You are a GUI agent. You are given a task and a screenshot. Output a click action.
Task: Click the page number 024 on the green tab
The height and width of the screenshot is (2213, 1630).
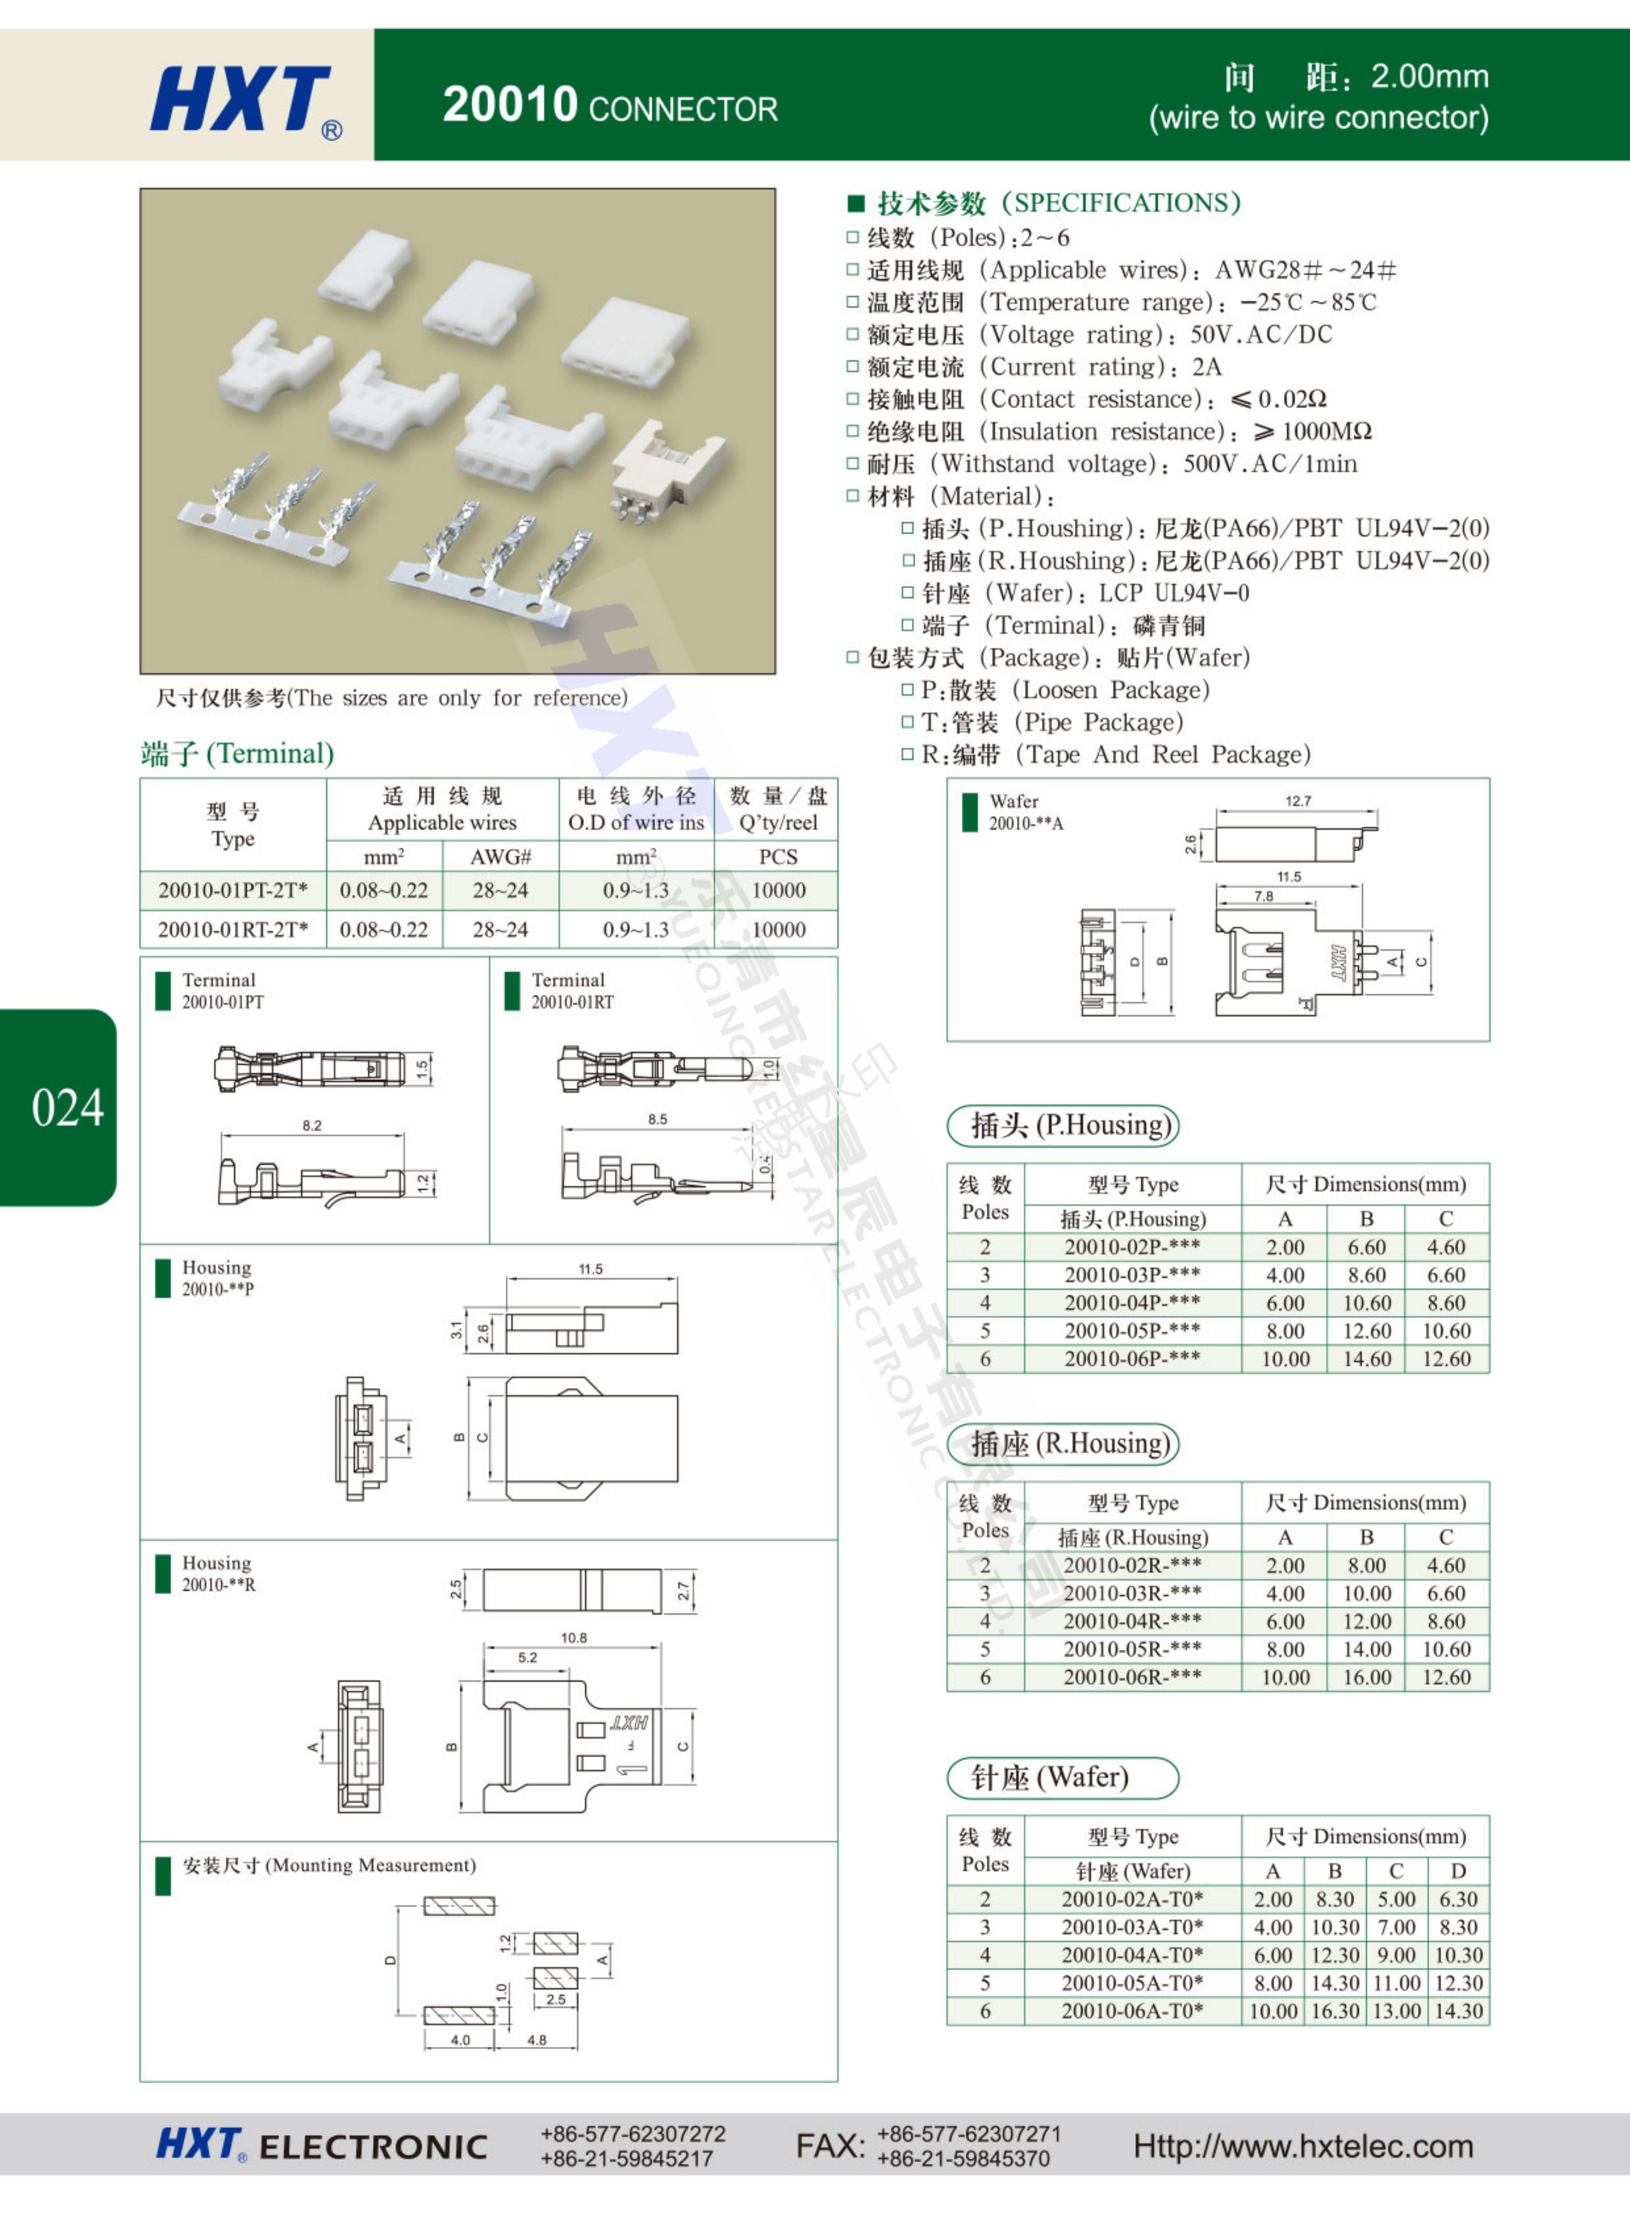(67, 1107)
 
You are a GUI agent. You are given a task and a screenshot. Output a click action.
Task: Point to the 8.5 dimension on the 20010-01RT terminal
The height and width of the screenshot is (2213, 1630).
(657, 1119)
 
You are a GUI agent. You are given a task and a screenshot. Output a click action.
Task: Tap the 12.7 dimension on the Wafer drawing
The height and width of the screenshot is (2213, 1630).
(1297, 801)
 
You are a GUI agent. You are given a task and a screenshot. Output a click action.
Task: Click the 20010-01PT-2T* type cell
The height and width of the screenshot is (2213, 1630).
(233, 890)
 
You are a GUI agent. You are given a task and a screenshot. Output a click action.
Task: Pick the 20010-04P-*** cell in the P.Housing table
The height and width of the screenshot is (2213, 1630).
(1132, 1302)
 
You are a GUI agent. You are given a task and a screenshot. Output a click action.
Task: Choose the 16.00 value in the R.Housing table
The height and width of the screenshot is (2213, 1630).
(1366, 1676)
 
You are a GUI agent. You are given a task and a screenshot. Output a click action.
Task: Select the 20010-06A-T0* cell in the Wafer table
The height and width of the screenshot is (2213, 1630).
(1132, 2010)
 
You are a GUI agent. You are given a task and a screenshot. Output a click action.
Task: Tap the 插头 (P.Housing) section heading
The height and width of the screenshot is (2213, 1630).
(1063, 1125)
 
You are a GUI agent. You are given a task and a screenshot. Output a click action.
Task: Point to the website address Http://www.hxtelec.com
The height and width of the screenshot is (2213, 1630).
(1302, 2146)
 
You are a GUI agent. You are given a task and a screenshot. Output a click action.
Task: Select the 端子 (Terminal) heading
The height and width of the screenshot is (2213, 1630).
(238, 754)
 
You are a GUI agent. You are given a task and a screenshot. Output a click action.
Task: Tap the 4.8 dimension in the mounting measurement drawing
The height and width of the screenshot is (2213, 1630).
(537, 2039)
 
